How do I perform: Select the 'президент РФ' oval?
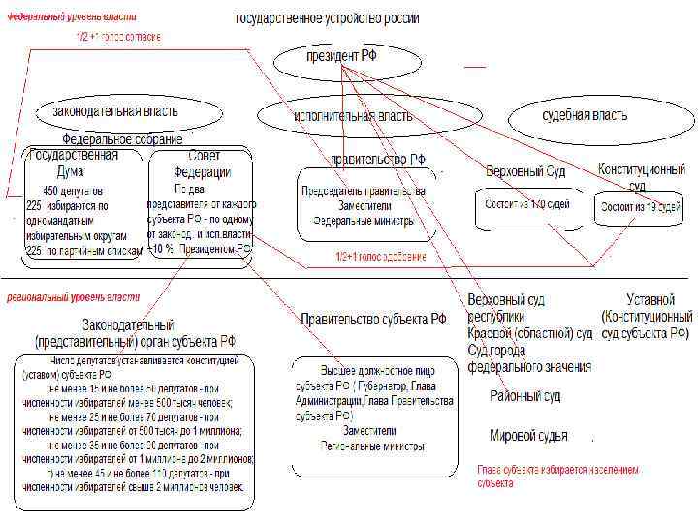coord(342,59)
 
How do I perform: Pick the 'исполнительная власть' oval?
coord(352,116)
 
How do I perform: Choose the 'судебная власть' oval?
coord(585,115)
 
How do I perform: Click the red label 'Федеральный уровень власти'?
coord(73,16)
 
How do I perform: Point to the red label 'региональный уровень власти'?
coord(74,296)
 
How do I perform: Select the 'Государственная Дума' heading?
coord(76,162)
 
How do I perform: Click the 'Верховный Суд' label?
coord(526,170)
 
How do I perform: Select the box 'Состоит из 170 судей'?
coord(526,205)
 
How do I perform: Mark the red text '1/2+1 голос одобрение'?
coord(381,258)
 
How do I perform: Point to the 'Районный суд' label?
coord(524,396)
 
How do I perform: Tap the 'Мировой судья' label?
coord(528,436)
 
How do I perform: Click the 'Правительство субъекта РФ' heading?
coord(373,319)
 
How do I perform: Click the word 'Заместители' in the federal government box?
coord(364,205)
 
